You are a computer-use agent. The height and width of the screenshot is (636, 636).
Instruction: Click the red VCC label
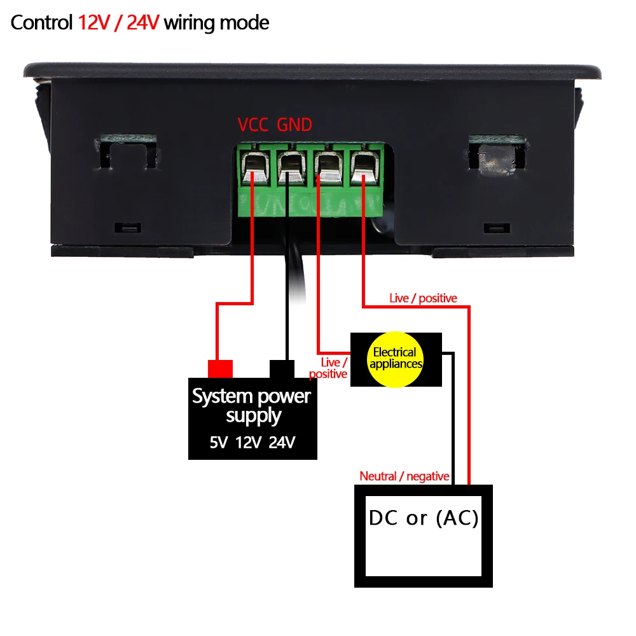coord(253,125)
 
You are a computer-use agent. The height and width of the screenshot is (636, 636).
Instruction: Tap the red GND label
coord(294,125)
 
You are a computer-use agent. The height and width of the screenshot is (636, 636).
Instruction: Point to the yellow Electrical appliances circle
coord(395,358)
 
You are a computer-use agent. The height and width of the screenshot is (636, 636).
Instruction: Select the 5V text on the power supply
coord(219,442)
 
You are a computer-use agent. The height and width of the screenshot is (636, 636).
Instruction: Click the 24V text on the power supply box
coord(282,442)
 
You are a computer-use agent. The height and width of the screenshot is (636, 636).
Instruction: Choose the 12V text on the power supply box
coord(249,442)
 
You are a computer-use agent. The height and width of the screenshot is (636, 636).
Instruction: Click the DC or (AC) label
coord(423,518)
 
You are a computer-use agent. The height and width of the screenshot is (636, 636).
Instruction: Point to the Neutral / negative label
coord(404,476)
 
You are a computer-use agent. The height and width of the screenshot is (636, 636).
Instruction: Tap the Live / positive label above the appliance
coord(423,298)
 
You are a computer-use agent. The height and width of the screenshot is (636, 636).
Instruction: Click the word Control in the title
coord(42,24)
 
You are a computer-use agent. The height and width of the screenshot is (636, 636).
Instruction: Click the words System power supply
coord(252,406)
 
